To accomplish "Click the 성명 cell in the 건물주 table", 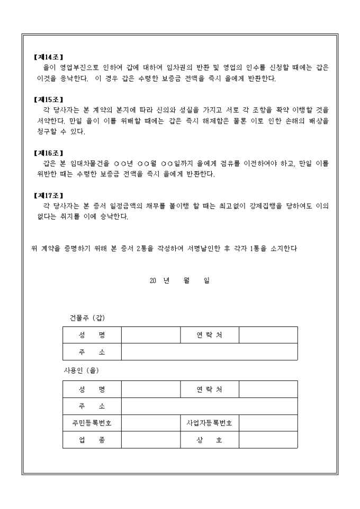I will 92,335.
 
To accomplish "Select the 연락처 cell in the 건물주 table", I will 209,335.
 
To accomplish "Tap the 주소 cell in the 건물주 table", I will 92,352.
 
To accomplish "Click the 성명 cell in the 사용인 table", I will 92,389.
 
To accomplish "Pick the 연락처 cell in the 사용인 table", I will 209,389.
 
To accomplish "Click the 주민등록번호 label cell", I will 92,423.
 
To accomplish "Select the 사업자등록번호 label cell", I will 209,423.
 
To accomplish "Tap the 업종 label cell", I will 92,440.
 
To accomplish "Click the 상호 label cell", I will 209,440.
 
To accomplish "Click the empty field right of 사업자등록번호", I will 268,423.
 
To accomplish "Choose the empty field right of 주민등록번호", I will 150,423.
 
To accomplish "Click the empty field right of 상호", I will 268,440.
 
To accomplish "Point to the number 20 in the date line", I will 153,281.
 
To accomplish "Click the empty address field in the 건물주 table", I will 209,352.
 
